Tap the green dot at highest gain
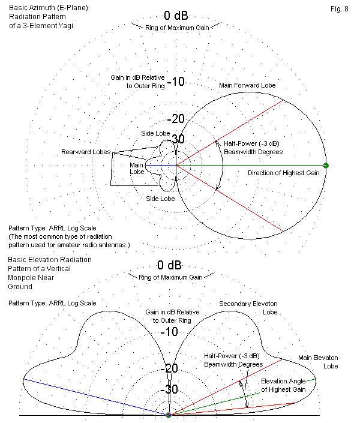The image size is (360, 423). pyautogui.click(x=326, y=165)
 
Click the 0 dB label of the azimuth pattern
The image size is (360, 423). pyautogui.click(x=176, y=16)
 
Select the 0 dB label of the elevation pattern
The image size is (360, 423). pyautogui.click(x=169, y=265)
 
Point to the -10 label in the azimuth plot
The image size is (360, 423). pyautogui.click(x=175, y=82)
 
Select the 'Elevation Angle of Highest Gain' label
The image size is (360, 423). pyautogui.click(x=287, y=385)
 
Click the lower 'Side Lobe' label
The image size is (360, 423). pyautogui.click(x=160, y=198)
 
